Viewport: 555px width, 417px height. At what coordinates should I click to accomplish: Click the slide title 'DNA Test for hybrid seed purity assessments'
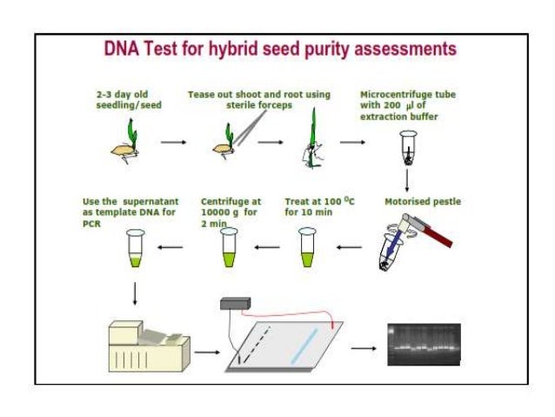pos(279,49)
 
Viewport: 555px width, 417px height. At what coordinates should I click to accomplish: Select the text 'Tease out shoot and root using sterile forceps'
pos(258,100)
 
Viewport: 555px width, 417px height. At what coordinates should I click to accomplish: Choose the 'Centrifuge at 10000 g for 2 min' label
pos(229,212)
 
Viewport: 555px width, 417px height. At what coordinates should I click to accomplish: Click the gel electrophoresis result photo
pos(423,345)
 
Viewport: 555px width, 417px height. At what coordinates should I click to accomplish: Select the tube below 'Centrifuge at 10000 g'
pos(227,247)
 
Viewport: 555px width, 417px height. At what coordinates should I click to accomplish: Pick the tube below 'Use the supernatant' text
pos(135,247)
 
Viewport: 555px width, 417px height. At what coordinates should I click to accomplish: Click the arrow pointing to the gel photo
pos(363,348)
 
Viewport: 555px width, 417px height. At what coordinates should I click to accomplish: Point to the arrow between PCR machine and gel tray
pos(206,353)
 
